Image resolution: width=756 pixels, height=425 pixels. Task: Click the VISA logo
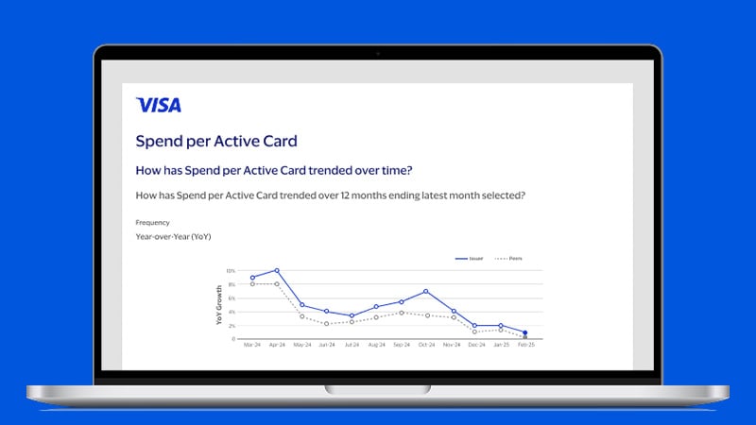click(158, 105)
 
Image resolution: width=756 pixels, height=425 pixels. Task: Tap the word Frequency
click(152, 223)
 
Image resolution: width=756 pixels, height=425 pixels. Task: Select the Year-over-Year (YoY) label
click(175, 237)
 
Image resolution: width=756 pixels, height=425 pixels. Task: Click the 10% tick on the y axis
click(230, 271)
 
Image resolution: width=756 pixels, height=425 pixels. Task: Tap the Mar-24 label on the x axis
click(251, 347)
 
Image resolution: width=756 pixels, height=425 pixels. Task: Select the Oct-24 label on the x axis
click(426, 347)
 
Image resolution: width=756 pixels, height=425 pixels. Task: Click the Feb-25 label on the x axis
click(525, 347)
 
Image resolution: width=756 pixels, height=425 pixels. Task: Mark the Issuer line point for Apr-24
click(277, 270)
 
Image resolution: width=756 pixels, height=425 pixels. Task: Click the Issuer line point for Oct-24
click(426, 292)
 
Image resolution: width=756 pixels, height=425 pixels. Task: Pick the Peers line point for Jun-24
click(326, 324)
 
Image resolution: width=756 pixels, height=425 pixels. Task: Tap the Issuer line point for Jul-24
click(352, 315)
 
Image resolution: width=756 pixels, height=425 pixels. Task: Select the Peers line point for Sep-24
click(402, 313)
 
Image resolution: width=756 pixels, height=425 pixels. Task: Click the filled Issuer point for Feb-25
click(525, 332)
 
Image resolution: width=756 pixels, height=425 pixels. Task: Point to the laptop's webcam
click(378, 54)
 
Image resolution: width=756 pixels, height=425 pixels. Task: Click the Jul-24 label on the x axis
click(352, 347)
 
